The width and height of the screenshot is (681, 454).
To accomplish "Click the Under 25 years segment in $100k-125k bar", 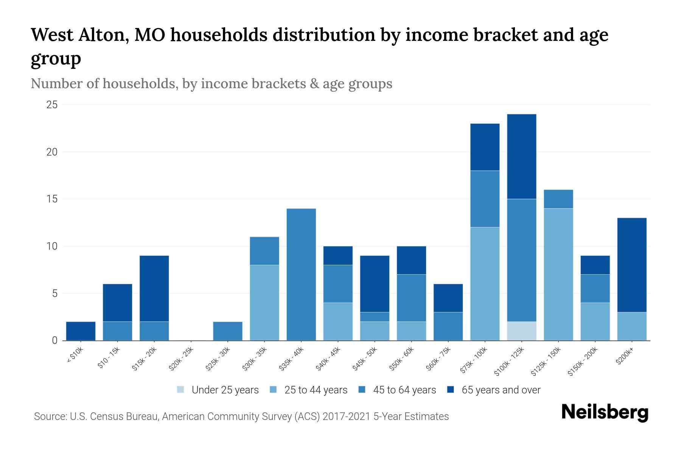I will pyautogui.click(x=521, y=331).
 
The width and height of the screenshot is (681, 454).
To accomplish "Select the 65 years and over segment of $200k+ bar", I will pyautogui.click(x=631, y=265).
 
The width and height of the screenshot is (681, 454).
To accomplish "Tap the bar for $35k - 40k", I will pyautogui.click(x=301, y=274).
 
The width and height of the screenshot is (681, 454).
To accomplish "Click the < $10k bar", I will pyautogui.click(x=81, y=331).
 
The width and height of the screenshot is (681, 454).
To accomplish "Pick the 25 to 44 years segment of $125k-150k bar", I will pyautogui.click(x=558, y=274).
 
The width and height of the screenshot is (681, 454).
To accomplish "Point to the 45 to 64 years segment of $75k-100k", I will pyautogui.click(x=485, y=199).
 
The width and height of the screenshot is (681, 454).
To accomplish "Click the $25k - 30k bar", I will pyautogui.click(x=228, y=331).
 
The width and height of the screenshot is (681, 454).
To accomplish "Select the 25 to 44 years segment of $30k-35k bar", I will pyautogui.click(x=264, y=303).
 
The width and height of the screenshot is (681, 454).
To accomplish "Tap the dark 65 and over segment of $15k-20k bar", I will pyautogui.click(x=154, y=289).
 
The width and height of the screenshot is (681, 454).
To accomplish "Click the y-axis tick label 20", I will pyautogui.click(x=52, y=152).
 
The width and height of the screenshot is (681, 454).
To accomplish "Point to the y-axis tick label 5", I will pyautogui.click(x=54, y=294).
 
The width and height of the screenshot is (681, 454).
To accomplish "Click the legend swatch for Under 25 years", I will pyautogui.click(x=181, y=390).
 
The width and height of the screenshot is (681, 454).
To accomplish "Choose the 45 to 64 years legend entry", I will pyautogui.click(x=404, y=390).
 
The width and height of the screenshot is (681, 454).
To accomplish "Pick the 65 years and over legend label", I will pyautogui.click(x=501, y=390).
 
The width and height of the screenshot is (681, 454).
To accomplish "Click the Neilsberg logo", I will pyautogui.click(x=605, y=412).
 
